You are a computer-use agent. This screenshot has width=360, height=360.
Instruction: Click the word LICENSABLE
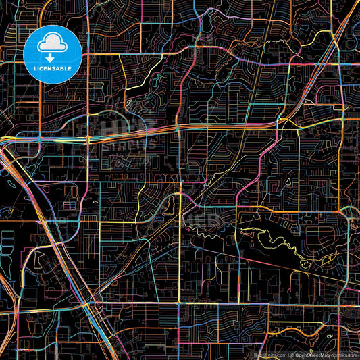click(x=52, y=68)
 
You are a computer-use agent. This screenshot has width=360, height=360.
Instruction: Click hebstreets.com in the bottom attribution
click(x=267, y=354)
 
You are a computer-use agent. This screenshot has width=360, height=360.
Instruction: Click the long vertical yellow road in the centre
click(x=179, y=257)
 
